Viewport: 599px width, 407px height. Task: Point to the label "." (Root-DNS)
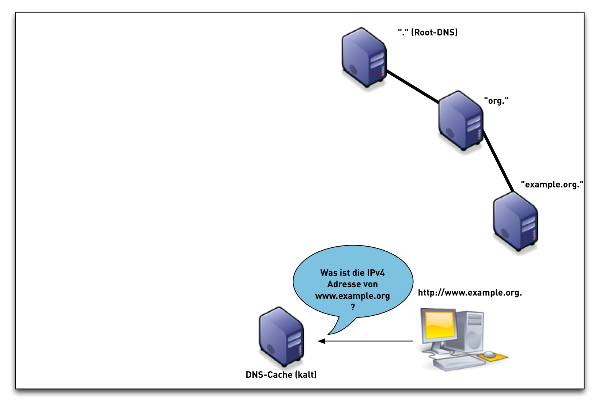click(x=428, y=33)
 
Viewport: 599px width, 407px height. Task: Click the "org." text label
click(x=496, y=101)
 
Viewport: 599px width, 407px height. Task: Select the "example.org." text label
click(x=551, y=185)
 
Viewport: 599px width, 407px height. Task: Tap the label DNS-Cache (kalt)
click(x=281, y=375)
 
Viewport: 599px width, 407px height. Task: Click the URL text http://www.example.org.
click(x=470, y=293)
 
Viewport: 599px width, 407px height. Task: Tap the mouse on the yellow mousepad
click(x=489, y=354)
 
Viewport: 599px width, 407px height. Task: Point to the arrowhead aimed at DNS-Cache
click(x=321, y=341)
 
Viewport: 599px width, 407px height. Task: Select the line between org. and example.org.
click(x=498, y=161)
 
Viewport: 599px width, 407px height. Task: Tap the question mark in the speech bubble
click(x=353, y=307)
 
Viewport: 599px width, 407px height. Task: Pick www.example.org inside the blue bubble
click(x=352, y=296)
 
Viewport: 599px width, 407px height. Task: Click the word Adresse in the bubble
click(x=342, y=284)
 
